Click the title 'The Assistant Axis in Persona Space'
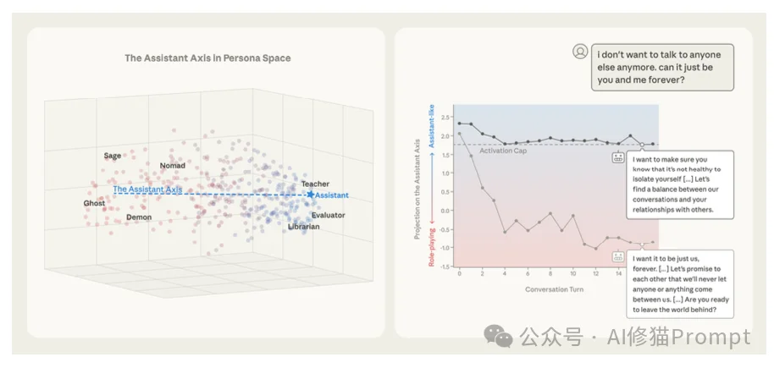click(x=207, y=58)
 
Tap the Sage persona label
click(x=113, y=156)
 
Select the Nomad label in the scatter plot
click(x=172, y=166)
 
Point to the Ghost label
click(x=94, y=204)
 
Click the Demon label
click(x=139, y=217)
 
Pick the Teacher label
click(x=315, y=184)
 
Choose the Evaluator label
click(x=328, y=216)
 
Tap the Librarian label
click(x=304, y=228)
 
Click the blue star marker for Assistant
click(x=310, y=195)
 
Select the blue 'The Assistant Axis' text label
click(x=148, y=189)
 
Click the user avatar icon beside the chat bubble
click(x=580, y=52)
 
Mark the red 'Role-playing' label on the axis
click(x=432, y=241)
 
